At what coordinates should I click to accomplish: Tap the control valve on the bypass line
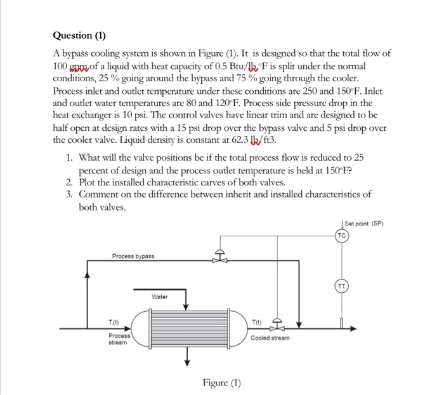coord(220,258)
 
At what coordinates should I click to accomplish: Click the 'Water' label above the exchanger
coord(160,297)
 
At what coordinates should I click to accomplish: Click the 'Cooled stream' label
coord(271,338)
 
